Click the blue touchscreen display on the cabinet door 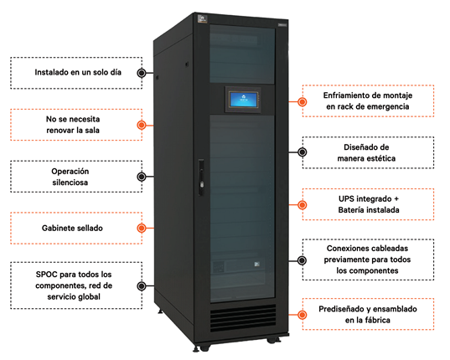click(x=243, y=99)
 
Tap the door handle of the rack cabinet click(x=201, y=177)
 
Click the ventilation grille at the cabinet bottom click(x=243, y=318)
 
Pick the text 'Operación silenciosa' click(x=70, y=177)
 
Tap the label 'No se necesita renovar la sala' click(x=73, y=125)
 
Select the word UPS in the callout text click(x=345, y=199)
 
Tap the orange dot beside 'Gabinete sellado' click(x=142, y=229)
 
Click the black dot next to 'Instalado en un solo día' click(x=142, y=73)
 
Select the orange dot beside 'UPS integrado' click(x=302, y=205)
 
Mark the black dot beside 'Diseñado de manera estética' click(x=302, y=152)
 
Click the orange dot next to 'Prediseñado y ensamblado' click(x=302, y=315)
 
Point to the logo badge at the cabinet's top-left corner click(x=203, y=19)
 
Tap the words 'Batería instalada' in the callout click(x=369, y=210)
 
